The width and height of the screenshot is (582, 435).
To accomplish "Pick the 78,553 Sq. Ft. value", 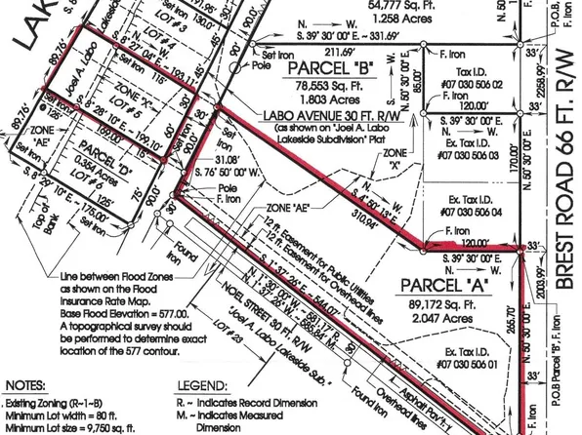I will (x=319, y=85).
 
